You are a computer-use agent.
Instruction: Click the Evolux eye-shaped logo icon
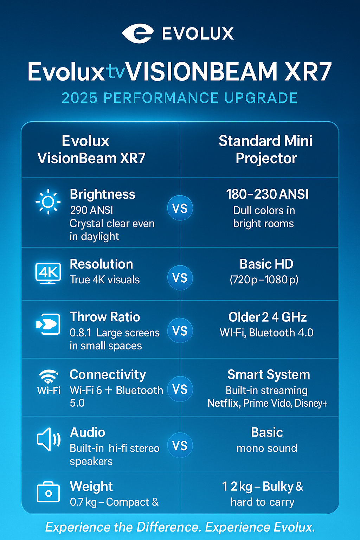tap(138, 33)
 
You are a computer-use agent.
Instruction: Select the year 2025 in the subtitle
tap(79, 98)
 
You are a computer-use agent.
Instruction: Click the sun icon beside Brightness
tap(48, 202)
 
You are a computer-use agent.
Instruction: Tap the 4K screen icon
tap(48, 273)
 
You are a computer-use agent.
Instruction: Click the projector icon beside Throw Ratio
tap(48, 324)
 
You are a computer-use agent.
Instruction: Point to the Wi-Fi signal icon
tap(49, 376)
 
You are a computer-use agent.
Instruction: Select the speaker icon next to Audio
tap(49, 439)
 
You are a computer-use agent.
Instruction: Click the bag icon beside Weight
tap(48, 492)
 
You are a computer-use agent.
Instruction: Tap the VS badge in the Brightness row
tap(180, 208)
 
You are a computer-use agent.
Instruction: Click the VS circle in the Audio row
tap(180, 445)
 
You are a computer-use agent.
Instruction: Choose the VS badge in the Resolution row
tap(180, 278)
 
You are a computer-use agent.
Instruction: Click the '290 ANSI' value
tap(91, 210)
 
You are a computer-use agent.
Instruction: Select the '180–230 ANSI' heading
tap(267, 194)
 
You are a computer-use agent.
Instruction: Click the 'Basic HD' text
tap(266, 264)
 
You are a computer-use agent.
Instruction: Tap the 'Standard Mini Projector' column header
tap(266, 149)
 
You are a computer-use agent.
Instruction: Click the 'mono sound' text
tap(267, 448)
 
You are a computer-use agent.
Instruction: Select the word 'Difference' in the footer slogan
tap(168, 527)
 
